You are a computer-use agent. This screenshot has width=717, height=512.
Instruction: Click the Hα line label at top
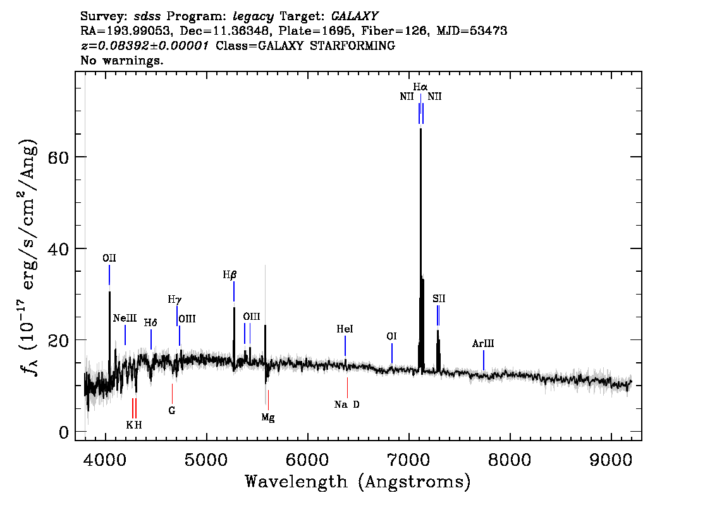coord(420,87)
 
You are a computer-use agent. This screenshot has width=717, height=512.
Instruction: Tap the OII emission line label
coord(109,259)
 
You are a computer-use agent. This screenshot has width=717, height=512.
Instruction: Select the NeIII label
coord(125,318)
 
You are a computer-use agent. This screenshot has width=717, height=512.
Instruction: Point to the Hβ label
coord(230,275)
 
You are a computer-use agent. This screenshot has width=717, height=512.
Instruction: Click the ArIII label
coord(483,343)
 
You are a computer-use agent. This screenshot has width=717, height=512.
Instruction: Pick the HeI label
coord(345,329)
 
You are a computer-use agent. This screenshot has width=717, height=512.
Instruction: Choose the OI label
coord(391,336)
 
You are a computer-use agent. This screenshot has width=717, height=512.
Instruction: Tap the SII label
coord(439,299)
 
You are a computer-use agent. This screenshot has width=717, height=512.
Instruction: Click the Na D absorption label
coord(347,405)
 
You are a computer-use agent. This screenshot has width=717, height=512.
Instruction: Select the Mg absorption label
coord(268,417)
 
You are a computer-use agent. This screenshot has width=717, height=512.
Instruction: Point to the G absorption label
coord(172,410)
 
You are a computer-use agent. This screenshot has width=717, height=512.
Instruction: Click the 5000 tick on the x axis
coord(207,460)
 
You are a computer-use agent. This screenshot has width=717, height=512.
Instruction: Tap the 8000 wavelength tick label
coord(510,460)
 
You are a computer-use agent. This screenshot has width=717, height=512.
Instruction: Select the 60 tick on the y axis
coord(58,157)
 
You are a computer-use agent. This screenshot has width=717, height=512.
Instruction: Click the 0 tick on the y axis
coord(64,432)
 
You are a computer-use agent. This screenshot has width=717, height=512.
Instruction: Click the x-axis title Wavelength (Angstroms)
coord(358,482)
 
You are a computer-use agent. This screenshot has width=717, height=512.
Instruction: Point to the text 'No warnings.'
coord(121,60)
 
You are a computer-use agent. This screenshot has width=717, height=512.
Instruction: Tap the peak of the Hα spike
coord(420,130)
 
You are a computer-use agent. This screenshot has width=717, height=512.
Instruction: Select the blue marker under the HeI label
coord(345,346)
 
